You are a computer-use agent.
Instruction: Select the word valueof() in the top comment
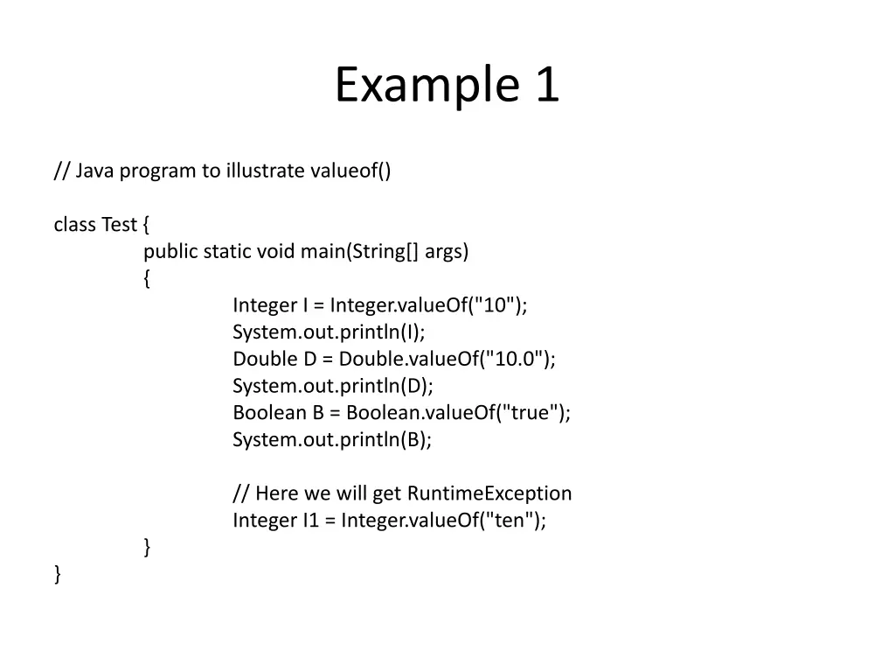(350, 171)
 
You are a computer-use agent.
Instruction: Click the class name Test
(119, 225)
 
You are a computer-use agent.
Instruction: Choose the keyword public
(170, 252)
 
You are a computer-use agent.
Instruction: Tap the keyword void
(275, 252)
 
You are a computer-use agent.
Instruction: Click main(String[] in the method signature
(360, 252)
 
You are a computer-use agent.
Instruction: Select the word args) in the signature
(447, 252)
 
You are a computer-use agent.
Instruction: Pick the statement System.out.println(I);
(329, 332)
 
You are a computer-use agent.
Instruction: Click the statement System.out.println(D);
(332, 386)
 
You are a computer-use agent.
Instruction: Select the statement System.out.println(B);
(332, 439)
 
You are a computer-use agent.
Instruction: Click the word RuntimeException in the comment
(489, 493)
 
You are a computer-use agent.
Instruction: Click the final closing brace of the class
(58, 574)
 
